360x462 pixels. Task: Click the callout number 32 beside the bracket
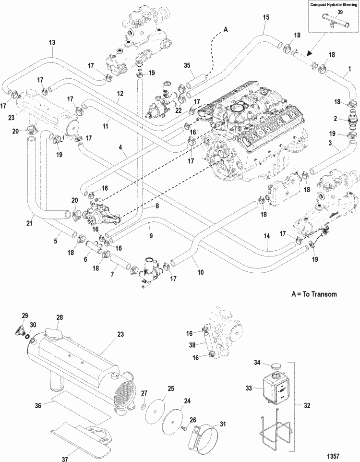307,405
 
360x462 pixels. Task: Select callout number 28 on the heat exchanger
60,317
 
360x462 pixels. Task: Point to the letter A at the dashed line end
226,30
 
